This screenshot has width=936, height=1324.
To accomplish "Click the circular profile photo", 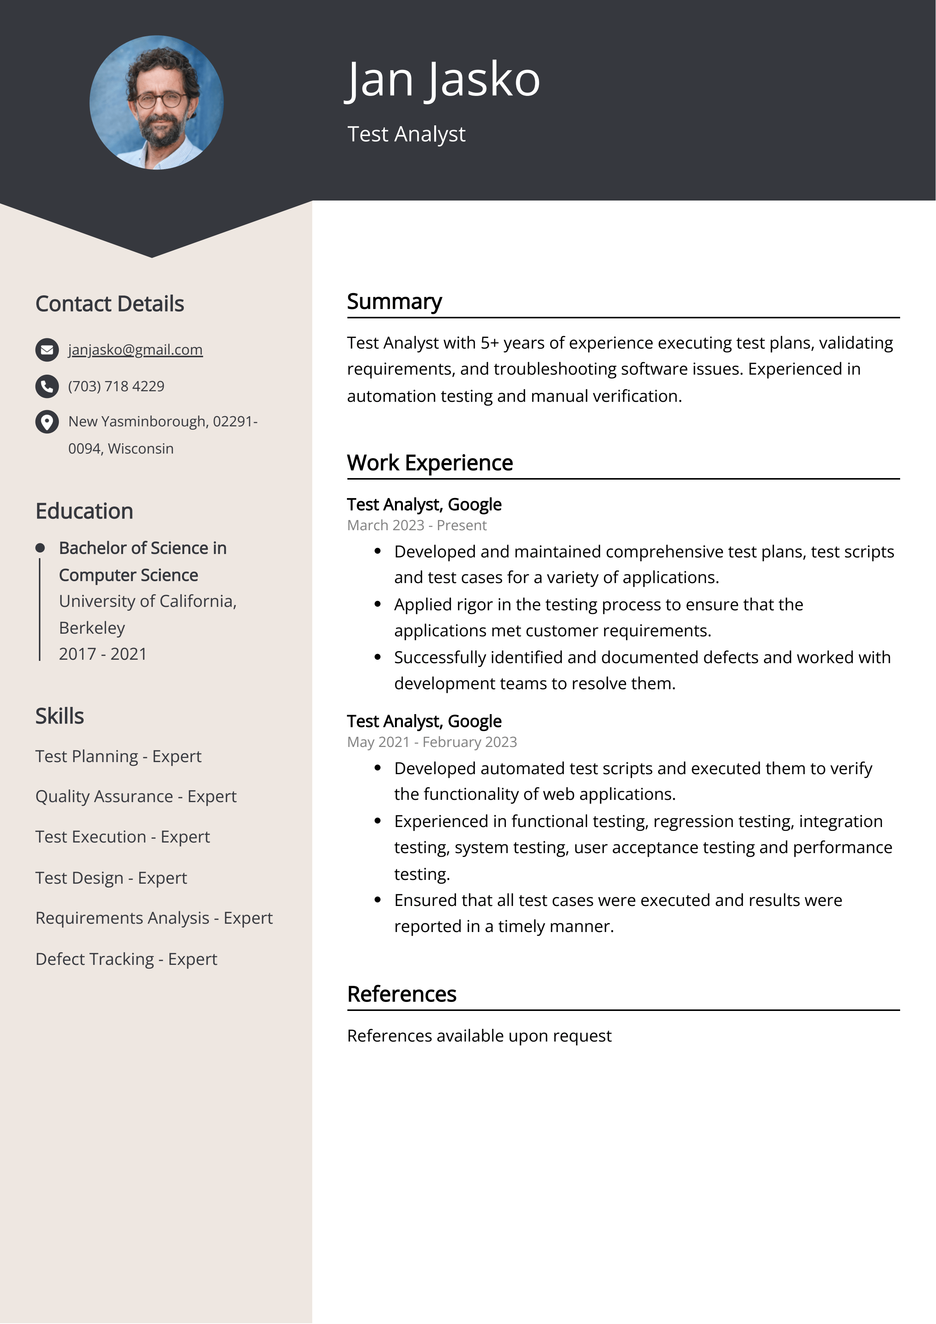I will [156, 103].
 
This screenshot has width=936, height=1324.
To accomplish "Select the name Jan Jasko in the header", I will [443, 80].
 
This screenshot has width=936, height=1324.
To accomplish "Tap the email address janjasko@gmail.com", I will [135, 349].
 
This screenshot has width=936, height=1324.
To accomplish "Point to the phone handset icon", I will [47, 386].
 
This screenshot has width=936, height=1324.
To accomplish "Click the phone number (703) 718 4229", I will [116, 386].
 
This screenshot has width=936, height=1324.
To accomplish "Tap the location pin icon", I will [47, 421].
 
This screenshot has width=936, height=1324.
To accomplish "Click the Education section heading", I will [84, 511].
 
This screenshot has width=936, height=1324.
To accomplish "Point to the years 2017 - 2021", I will [103, 654].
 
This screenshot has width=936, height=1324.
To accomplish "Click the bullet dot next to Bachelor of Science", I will [40, 548].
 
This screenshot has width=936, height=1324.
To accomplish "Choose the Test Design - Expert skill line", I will [111, 878].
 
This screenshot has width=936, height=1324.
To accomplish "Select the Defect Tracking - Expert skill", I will [126, 959].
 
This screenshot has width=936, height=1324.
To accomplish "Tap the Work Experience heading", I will [430, 463].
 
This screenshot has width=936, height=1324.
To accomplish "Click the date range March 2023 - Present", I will [416, 525].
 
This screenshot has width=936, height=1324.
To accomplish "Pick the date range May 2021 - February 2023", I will [432, 742].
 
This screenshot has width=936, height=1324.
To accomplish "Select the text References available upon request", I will [479, 1035].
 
